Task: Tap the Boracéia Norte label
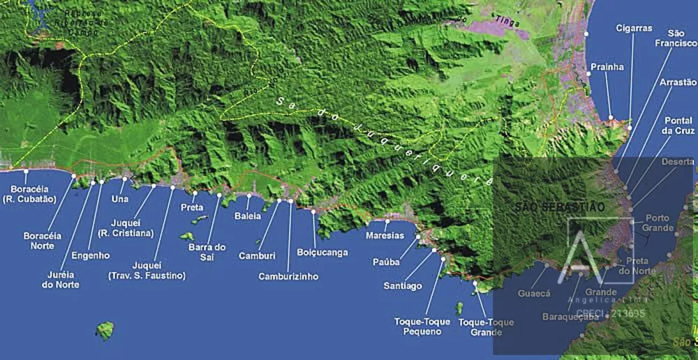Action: coord(43,241)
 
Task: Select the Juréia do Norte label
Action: coord(60,280)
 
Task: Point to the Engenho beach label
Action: coord(91,255)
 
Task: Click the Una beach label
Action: coord(120,198)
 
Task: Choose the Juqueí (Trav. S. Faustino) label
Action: coord(147,271)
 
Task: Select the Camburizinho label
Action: coord(288,276)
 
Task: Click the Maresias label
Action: coord(385,235)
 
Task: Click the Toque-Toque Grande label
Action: coord(487,327)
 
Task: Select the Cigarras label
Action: coord(634,28)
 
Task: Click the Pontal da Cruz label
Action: coord(678,126)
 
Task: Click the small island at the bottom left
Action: coord(105,330)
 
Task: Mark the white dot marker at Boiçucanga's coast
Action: coord(313,211)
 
